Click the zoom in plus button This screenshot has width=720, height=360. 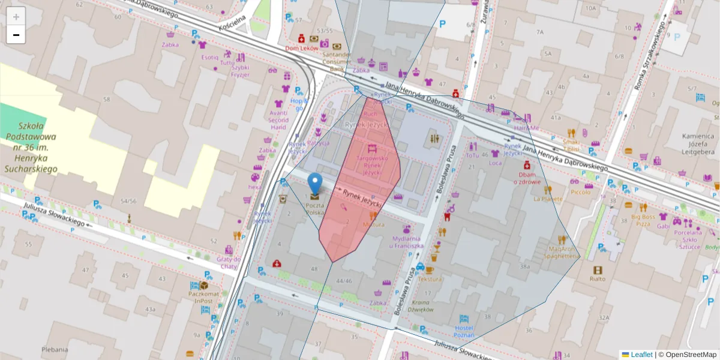tap(16, 17)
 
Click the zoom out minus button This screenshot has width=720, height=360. tap(16, 35)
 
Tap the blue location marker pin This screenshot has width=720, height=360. tap(314, 184)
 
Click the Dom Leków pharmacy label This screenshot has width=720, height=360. tap(301, 49)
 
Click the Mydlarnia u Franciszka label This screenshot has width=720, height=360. tap(407, 242)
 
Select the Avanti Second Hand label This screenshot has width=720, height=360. tap(278, 119)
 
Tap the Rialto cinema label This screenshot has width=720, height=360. tap(597, 278)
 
